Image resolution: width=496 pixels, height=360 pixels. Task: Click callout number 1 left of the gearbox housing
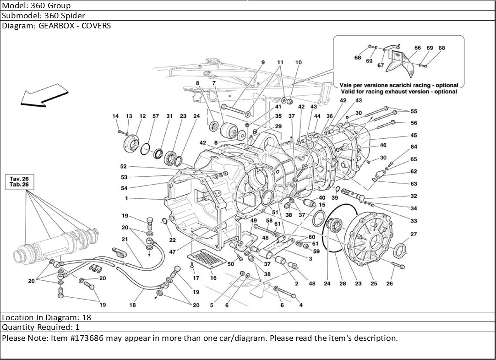click(x=126, y=198)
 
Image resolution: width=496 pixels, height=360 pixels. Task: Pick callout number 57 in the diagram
click(x=156, y=116)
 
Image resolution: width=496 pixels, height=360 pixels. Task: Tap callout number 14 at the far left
click(x=115, y=116)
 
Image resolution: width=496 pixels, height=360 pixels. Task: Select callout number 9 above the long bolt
click(x=263, y=62)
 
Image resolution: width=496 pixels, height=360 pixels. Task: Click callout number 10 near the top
click(x=299, y=62)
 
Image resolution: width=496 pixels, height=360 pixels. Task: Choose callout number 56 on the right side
click(x=414, y=123)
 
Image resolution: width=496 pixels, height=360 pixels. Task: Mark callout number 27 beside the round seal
click(x=414, y=235)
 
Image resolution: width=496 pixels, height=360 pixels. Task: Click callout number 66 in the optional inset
click(x=418, y=48)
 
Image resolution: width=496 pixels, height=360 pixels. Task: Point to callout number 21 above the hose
click(x=125, y=240)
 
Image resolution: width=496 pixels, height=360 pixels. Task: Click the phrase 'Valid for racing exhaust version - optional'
click(x=398, y=92)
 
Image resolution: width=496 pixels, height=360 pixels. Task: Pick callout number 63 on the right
click(x=414, y=184)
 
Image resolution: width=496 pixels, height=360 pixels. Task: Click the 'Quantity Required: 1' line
click(x=41, y=327)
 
